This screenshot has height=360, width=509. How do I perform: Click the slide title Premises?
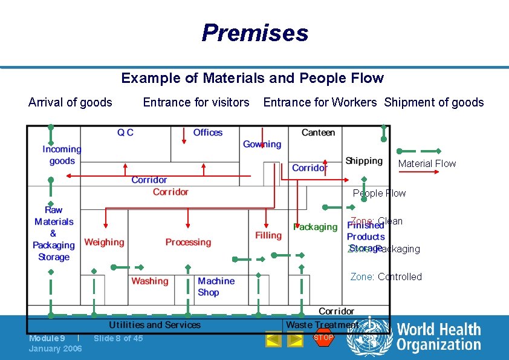[x=254, y=33]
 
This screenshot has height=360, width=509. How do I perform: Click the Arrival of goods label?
[x=70, y=102]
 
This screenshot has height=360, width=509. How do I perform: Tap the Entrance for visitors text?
[x=196, y=102]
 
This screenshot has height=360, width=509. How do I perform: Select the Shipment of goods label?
[x=434, y=102]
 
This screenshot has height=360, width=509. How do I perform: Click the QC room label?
[x=125, y=133]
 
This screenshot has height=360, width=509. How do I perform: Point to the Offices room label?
[x=207, y=133]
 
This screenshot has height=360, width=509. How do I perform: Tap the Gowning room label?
[x=262, y=144]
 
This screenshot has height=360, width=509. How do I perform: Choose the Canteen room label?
[x=318, y=133]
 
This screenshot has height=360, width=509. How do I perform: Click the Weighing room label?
[x=104, y=242]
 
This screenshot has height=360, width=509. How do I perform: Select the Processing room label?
[x=188, y=242]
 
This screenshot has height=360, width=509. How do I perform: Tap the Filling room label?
[x=268, y=235]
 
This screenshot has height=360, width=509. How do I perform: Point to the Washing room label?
[x=149, y=281]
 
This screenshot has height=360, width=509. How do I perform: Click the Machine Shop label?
[x=216, y=286]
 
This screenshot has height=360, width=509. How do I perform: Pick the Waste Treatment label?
[x=321, y=325]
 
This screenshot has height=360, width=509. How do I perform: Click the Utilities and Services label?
[x=154, y=325]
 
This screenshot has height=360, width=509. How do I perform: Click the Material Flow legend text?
[x=427, y=163]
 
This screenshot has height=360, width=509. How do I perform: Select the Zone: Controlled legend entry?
[x=386, y=277]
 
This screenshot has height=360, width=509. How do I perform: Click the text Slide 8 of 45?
[x=118, y=338]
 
